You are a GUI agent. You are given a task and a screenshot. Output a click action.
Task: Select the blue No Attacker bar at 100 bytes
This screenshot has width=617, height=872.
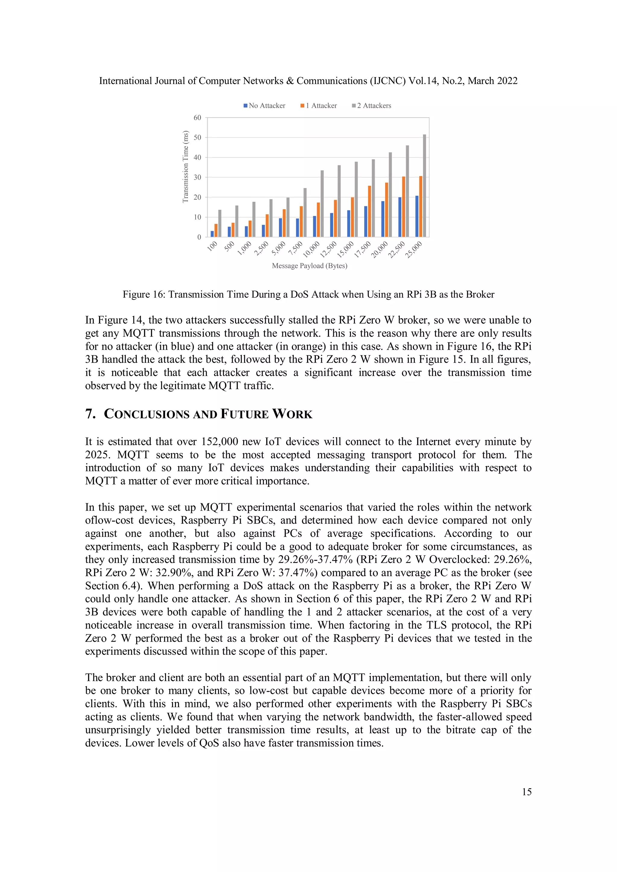(212, 234)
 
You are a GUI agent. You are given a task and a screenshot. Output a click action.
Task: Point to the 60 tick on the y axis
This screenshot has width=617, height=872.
(197, 118)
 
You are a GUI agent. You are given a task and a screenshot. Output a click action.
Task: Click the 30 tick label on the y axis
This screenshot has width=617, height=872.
(197, 177)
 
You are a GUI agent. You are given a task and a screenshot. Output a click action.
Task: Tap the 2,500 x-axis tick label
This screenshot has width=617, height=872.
(261, 248)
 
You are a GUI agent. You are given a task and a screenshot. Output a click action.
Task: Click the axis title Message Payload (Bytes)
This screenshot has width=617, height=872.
(309, 266)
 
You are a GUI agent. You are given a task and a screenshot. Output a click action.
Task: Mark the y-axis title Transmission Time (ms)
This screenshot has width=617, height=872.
(186, 167)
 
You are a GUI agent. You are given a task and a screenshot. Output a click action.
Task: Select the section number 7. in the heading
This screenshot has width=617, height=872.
(90, 414)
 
